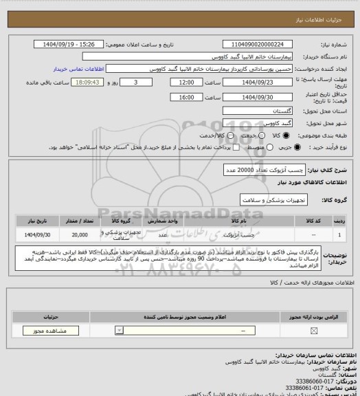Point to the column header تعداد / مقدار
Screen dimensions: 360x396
(x=80, y=222)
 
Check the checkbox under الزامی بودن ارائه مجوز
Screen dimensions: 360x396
(x=315, y=331)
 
